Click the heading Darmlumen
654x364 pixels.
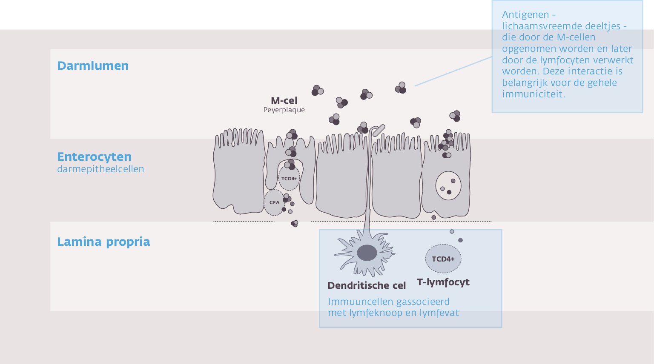tap(92, 66)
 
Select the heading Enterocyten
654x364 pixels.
tap(94, 157)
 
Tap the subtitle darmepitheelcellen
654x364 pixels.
tap(100, 169)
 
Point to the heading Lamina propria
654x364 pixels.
tap(103, 242)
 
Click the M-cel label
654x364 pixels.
tap(284, 101)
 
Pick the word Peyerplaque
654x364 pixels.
tap(284, 110)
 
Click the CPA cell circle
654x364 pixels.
tap(274, 202)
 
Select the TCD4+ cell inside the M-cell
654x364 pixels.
tap(289, 179)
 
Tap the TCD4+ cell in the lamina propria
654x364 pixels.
tap(443, 259)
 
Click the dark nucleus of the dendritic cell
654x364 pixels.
tap(367, 253)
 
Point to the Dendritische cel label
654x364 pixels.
tap(367, 286)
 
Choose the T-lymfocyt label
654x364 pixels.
tap(443, 282)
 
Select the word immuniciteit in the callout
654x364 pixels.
tap(534, 94)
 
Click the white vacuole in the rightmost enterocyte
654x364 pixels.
tap(448, 186)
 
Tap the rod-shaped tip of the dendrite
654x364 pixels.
tap(379, 130)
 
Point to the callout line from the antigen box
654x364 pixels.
tap(453, 71)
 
